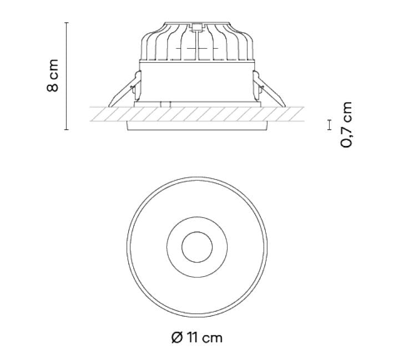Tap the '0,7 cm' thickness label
pyautogui.click(x=347, y=124)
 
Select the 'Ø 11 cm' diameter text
pyautogui.click(x=197, y=337)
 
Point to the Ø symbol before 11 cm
pyautogui.click(x=177, y=337)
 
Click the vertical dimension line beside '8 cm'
pyautogui.click(x=67, y=76)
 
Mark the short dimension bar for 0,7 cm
pyautogui.click(x=330, y=124)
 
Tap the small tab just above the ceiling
pyautogui.click(x=164, y=103)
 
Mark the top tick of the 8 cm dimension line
pyautogui.click(x=67, y=23)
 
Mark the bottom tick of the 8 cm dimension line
pyautogui.click(x=67, y=130)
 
